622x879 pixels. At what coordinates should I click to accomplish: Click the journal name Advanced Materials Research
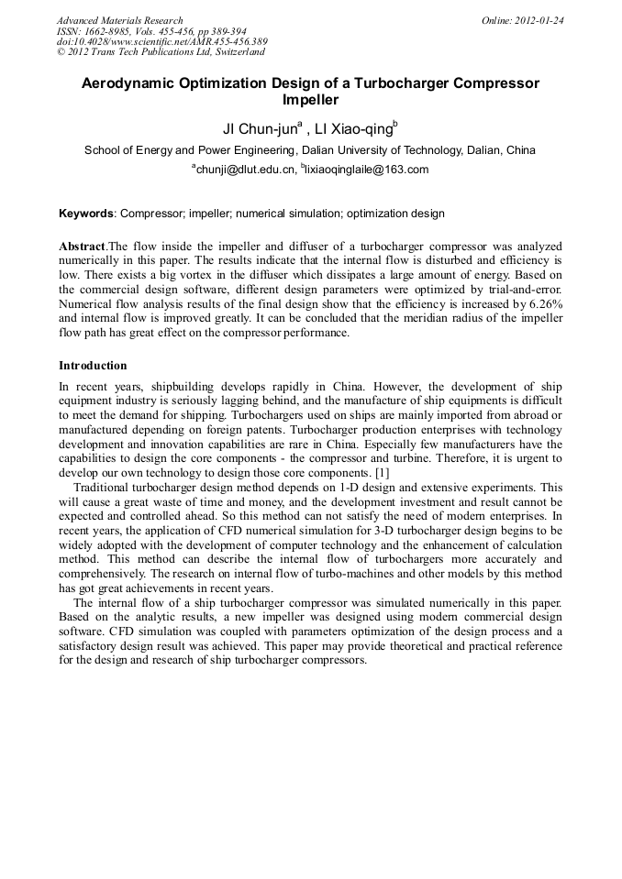coord(119,20)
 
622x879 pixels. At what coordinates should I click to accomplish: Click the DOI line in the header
coord(161,42)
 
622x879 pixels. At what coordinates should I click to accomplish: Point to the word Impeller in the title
coord(310,100)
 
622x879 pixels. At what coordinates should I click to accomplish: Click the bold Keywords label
coord(86,214)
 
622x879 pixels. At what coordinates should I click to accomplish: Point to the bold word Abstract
coord(82,247)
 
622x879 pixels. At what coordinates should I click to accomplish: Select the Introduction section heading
coord(93,366)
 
